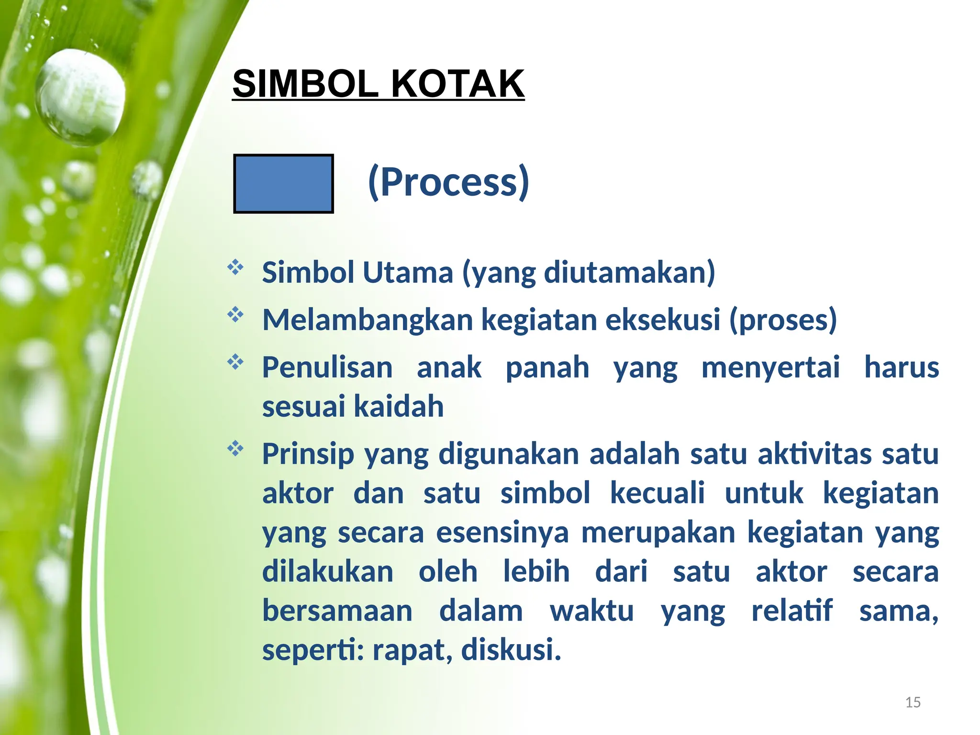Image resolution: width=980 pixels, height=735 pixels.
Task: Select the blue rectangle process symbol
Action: coord(283,184)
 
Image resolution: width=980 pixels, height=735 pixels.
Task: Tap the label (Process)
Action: coord(448,182)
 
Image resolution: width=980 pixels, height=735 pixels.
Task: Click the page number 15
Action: coord(913,702)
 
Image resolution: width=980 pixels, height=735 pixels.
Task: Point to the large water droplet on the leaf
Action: coord(80,97)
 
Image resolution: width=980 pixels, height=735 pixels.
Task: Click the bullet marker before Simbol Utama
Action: coord(235,267)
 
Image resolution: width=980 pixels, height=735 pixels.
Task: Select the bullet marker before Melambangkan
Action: coord(235,315)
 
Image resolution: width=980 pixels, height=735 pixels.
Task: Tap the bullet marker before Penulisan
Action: coord(235,362)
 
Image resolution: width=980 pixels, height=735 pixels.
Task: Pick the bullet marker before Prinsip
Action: coord(235,449)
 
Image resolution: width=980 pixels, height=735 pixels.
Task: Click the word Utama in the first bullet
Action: coord(408,273)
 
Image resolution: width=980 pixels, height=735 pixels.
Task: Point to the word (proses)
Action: coord(783,320)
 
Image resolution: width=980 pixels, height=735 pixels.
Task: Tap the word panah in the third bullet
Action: coord(547,367)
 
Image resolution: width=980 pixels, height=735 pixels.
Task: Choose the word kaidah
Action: coord(399,407)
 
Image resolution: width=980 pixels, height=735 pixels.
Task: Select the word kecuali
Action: coord(657,493)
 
